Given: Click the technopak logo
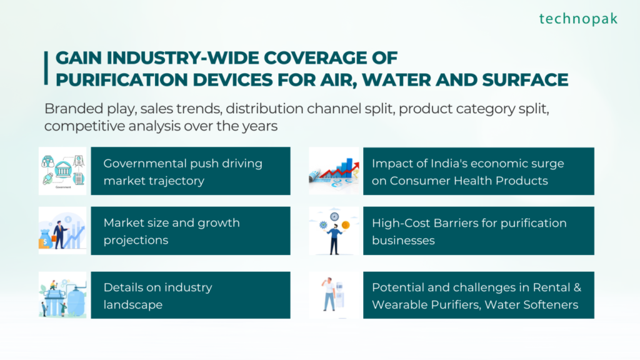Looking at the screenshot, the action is coord(578,19).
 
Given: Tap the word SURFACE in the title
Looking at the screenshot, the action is coord(525,79).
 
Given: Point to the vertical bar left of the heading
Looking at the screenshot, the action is coord(46,68).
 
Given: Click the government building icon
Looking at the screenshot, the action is coord(63,169).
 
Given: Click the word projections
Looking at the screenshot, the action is coord(136,240).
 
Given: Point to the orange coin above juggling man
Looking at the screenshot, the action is coord(346,225).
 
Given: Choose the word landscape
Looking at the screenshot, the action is coord(133,304).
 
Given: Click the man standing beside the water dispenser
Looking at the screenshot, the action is coord(329,294).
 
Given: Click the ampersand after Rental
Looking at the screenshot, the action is coord(577,287).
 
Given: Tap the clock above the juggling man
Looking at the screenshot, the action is coord(334,216).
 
